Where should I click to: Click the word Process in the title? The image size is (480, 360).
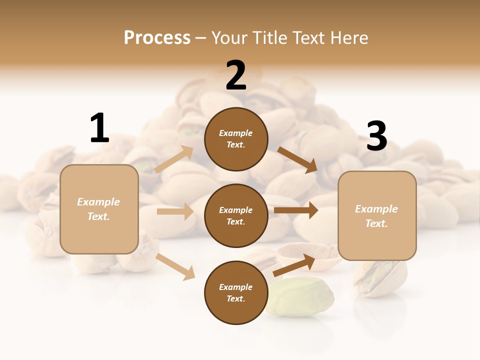(157, 37)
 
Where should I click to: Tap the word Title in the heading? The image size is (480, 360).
(270, 37)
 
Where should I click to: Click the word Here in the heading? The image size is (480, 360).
(348, 37)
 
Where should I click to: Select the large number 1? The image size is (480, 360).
(99, 128)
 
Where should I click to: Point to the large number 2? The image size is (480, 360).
(236, 75)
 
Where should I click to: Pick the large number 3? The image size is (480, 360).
(376, 136)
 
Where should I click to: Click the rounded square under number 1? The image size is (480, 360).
(99, 209)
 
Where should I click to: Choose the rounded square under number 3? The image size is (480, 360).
(377, 216)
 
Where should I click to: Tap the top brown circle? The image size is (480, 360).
(236, 139)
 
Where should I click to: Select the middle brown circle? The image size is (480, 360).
(236, 215)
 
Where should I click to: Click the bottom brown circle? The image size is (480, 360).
(236, 292)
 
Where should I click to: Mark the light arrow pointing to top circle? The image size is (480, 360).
(174, 159)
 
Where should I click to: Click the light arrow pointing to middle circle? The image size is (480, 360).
(175, 211)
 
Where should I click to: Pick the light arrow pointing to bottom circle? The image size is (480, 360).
(175, 266)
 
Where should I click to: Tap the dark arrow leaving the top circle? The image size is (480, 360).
(297, 159)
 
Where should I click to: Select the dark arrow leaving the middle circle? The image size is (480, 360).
(296, 210)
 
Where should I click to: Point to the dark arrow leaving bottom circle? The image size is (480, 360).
(294, 265)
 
